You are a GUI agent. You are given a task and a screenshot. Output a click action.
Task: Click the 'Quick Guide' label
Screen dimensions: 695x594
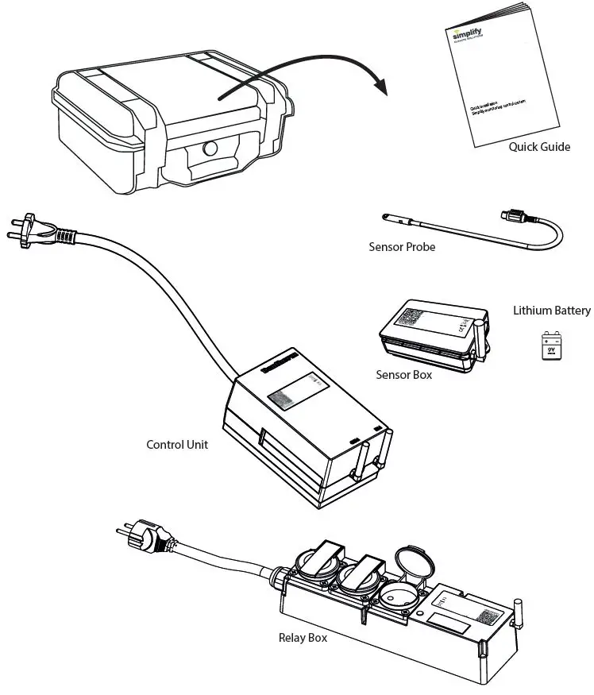coord(539,147)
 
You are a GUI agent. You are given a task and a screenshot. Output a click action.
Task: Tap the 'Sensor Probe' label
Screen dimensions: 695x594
coord(402,247)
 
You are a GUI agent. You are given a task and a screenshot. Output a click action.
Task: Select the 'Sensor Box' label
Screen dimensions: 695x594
coord(403,374)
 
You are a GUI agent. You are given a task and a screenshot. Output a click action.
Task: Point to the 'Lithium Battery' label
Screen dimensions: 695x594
coord(551,311)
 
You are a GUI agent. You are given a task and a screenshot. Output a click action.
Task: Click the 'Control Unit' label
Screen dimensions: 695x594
coord(177,445)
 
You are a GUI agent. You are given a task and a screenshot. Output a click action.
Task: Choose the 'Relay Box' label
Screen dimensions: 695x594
coord(303,637)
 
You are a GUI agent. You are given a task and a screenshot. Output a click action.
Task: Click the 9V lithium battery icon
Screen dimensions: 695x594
coord(551,346)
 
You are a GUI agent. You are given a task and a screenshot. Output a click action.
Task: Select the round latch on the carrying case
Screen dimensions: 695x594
coord(210,148)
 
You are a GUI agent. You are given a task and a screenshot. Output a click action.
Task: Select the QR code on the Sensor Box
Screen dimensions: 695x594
coord(412,317)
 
